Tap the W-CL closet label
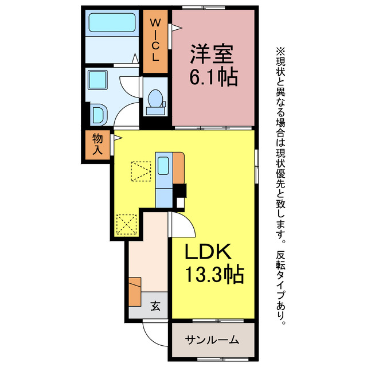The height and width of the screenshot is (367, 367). (x=155, y=40)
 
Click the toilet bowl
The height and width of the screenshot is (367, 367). (x=154, y=100)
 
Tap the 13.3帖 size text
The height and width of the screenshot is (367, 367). (x=213, y=275)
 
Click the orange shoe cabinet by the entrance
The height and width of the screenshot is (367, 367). (x=134, y=291)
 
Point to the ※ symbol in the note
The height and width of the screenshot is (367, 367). (x=280, y=51)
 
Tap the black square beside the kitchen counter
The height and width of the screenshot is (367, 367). (x=181, y=190)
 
